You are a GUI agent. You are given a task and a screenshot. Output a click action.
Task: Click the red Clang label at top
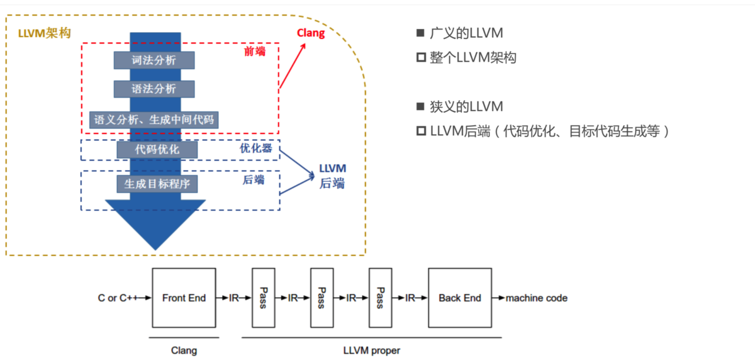[311, 33]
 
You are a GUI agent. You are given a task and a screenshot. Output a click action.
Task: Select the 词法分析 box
[154, 60]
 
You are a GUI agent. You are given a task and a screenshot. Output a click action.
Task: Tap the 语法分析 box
[154, 89]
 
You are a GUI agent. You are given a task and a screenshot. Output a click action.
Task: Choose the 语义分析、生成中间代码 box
[154, 119]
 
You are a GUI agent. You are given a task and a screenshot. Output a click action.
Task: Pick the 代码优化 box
[157, 150]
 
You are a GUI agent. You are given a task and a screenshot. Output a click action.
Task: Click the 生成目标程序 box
[157, 184]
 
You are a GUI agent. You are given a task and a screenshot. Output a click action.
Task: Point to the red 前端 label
[255, 52]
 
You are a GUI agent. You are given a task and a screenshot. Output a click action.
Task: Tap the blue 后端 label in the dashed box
[254, 180]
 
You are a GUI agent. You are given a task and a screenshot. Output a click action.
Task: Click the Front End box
[184, 298]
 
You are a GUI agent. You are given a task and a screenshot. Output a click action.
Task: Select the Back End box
[459, 298]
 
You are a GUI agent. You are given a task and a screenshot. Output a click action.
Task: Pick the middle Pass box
[321, 298]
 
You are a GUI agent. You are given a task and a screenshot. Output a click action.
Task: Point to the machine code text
[537, 298]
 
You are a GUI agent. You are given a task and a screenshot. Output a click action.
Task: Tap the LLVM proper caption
[372, 351]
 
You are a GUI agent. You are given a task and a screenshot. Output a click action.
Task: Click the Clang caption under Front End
[184, 351]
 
